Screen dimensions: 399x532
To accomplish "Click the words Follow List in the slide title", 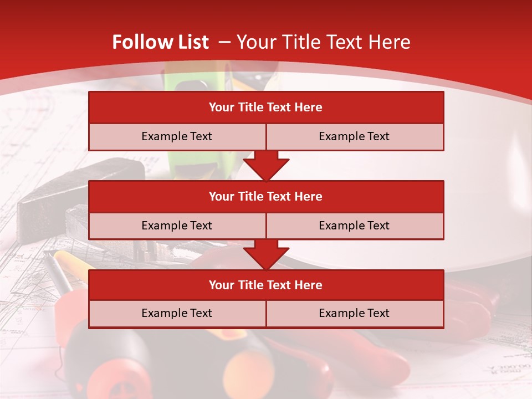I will tap(160, 42).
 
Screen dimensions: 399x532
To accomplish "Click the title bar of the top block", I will tap(266, 108).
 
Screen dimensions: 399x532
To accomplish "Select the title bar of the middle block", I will tap(266, 196).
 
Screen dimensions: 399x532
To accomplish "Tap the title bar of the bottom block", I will tap(266, 285).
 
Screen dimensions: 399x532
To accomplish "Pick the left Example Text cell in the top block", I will tap(177, 137).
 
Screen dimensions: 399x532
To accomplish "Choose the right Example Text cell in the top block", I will tap(354, 137).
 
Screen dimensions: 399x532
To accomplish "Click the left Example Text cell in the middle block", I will tap(177, 226).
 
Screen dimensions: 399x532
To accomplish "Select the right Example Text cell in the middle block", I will tap(354, 226).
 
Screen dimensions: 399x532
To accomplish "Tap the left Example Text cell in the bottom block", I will tap(177, 313).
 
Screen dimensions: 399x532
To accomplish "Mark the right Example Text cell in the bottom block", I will tap(354, 313).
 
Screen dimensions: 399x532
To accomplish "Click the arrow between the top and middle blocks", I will tap(266, 166).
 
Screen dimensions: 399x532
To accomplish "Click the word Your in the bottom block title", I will tap(222, 285).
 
